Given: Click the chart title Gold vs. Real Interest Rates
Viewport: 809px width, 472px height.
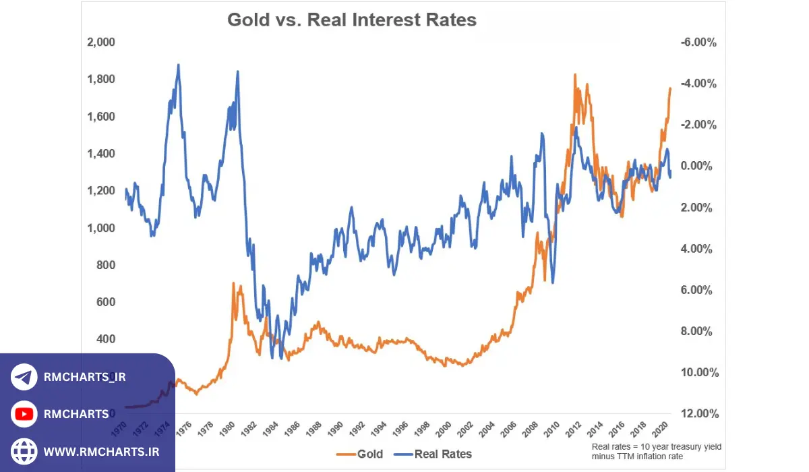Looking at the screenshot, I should click(x=351, y=20).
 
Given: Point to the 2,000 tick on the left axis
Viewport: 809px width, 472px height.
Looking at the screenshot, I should click(x=101, y=42).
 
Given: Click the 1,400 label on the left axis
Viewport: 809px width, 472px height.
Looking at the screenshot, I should click(x=101, y=154).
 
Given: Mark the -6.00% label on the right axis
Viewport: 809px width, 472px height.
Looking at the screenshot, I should click(x=698, y=42).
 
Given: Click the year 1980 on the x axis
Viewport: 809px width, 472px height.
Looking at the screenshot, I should click(x=228, y=427).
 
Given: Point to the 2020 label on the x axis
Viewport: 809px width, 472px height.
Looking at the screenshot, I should click(x=661, y=427).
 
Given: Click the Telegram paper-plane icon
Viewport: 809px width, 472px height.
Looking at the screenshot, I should click(x=24, y=377).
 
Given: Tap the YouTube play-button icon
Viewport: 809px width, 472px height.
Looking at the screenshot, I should click(x=24, y=413).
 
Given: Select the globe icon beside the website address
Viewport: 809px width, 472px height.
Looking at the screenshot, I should click(x=24, y=450).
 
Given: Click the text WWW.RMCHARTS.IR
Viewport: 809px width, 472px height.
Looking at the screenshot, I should click(x=101, y=450).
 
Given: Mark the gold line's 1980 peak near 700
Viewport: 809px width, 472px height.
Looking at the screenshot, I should click(x=233, y=283).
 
